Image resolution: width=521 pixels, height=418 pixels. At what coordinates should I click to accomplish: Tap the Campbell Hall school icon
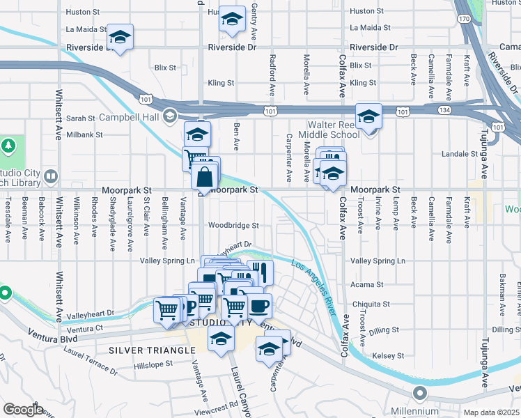[169, 116]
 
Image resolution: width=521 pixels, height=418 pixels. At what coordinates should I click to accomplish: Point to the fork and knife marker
[260, 271]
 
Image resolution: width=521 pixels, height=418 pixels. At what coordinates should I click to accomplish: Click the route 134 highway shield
[444, 111]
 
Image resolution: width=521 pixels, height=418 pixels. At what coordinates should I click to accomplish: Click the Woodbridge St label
[233, 226]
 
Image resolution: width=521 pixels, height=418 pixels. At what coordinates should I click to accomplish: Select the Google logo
[23, 410]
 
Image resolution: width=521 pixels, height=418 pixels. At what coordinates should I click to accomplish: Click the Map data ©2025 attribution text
[491, 412]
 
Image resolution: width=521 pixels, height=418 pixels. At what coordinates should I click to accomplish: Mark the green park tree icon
[8, 146]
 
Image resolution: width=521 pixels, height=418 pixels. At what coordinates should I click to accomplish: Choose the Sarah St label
[80, 118]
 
